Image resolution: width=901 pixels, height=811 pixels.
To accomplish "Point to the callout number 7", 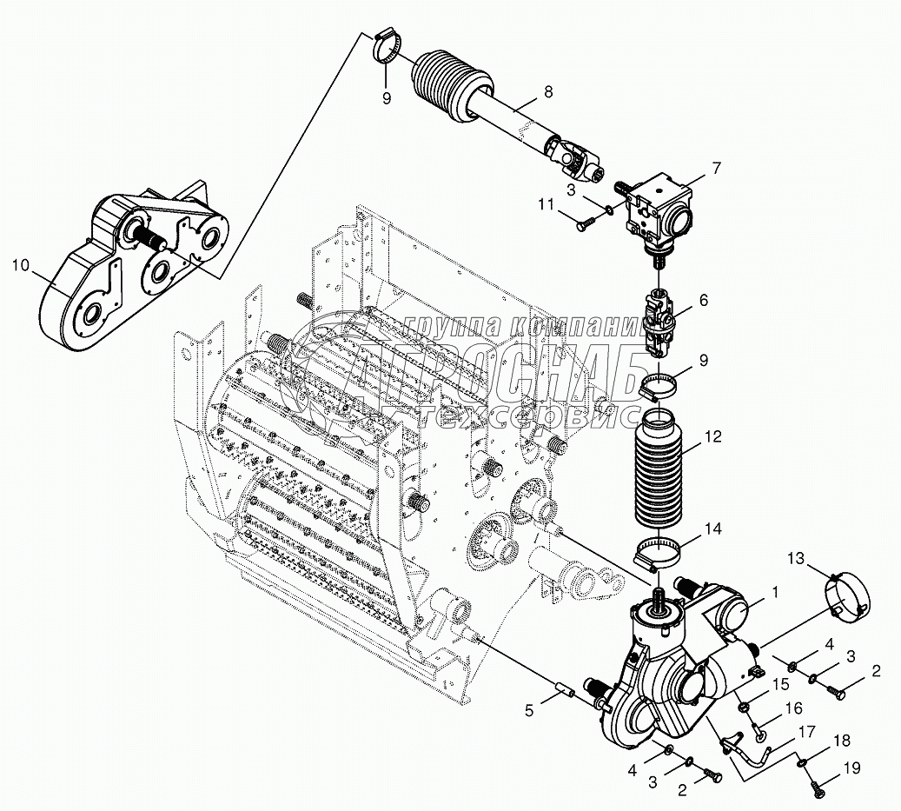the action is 716,168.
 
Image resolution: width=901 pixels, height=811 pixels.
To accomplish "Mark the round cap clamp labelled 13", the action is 846,599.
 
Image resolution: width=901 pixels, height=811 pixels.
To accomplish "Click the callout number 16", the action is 793,709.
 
